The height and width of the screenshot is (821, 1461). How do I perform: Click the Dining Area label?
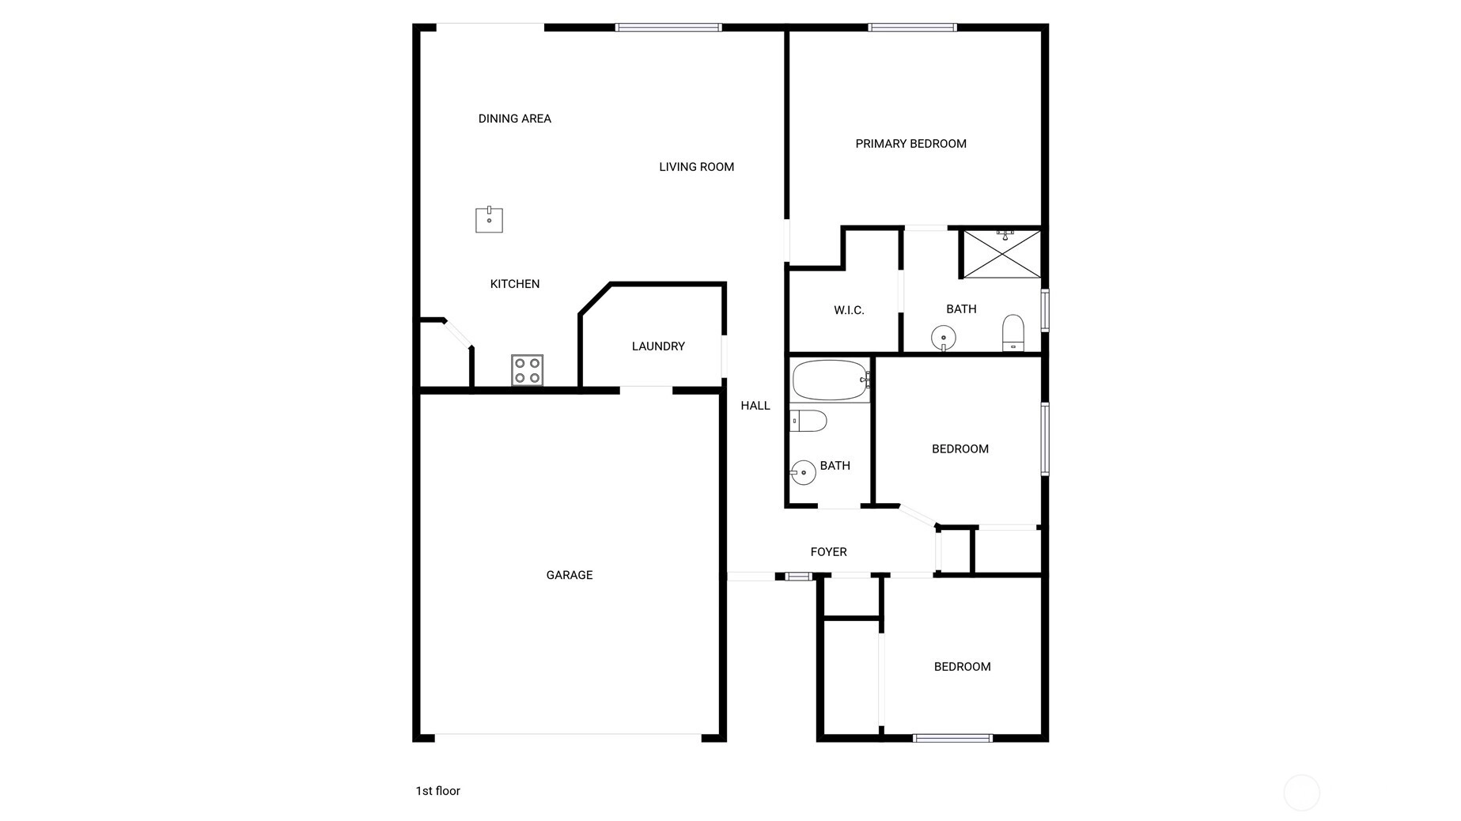pyautogui.click(x=514, y=119)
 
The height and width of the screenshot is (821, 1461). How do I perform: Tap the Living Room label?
pyautogui.click(x=696, y=167)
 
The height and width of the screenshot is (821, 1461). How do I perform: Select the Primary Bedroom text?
pyautogui.click(x=910, y=144)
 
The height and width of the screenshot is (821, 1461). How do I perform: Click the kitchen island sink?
pyautogui.click(x=489, y=220)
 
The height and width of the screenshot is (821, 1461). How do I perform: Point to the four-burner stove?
pyautogui.click(x=527, y=370)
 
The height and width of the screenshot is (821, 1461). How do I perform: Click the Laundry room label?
pyautogui.click(x=658, y=346)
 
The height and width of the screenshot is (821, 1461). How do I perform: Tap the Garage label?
pyautogui.click(x=570, y=575)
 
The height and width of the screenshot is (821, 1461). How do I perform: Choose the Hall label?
pyautogui.click(x=755, y=406)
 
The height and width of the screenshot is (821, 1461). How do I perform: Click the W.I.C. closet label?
pyautogui.click(x=849, y=310)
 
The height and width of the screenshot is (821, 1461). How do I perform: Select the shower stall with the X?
pyautogui.click(x=1001, y=254)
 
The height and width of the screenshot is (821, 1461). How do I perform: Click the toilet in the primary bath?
pyautogui.click(x=1013, y=333)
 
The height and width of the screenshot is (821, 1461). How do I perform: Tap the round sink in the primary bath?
pyautogui.click(x=944, y=339)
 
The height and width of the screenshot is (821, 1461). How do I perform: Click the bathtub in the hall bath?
pyautogui.click(x=831, y=380)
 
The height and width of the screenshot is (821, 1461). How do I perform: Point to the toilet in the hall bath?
pyautogui.click(x=808, y=421)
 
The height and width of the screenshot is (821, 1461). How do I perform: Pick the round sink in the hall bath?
pyautogui.click(x=803, y=473)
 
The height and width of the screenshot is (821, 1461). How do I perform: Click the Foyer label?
pyautogui.click(x=828, y=552)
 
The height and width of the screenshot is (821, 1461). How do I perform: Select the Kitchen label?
pyautogui.click(x=515, y=284)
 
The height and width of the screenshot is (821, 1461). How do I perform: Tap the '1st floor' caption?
pyautogui.click(x=437, y=791)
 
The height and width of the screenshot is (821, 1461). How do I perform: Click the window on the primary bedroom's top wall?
pyautogui.click(x=912, y=28)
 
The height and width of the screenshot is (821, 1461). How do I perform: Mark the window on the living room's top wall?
pyautogui.click(x=668, y=28)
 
